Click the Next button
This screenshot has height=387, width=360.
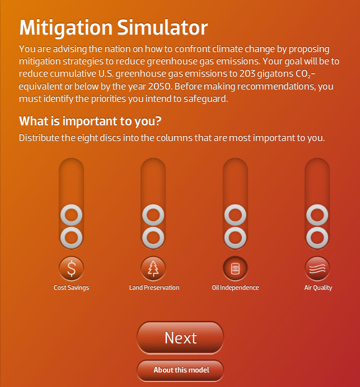click(x=180, y=338)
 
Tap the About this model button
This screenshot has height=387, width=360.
click(x=180, y=370)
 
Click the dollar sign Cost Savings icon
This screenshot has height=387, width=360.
click(x=71, y=269)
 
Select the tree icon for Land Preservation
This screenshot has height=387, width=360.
click(x=153, y=269)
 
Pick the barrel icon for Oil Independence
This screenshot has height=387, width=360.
click(x=235, y=269)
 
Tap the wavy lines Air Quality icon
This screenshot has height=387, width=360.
click(x=317, y=269)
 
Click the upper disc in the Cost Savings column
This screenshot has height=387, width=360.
click(x=71, y=214)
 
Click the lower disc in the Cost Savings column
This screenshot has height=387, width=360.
click(x=71, y=237)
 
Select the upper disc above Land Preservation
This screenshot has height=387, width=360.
click(x=153, y=214)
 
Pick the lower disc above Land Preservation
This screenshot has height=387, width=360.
click(x=153, y=237)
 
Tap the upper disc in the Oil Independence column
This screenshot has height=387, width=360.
click(x=235, y=214)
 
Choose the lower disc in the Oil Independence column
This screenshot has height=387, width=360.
click(x=235, y=237)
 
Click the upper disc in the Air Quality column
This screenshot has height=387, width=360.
click(x=317, y=214)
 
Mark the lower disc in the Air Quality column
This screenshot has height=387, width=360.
click(x=317, y=237)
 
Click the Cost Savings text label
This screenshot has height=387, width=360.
click(x=71, y=288)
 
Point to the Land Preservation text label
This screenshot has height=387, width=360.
click(x=154, y=288)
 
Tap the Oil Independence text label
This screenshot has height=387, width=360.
click(x=235, y=288)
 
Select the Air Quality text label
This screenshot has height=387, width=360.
click(x=318, y=288)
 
